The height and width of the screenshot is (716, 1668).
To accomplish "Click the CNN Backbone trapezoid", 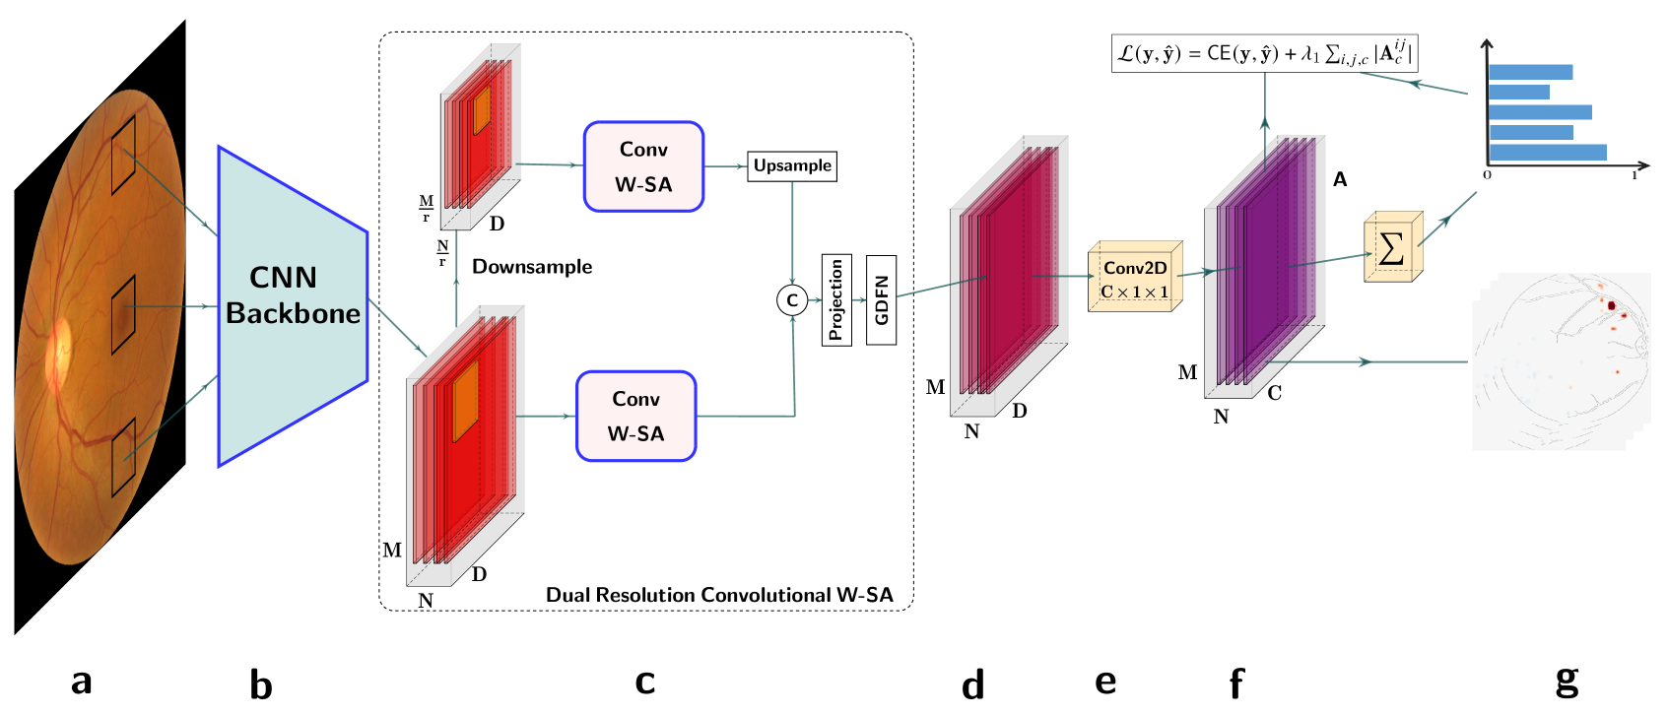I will pyautogui.click(x=292, y=305).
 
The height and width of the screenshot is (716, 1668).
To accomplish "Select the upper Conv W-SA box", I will pyautogui.click(x=643, y=166).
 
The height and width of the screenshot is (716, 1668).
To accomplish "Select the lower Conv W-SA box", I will pyautogui.click(x=635, y=416).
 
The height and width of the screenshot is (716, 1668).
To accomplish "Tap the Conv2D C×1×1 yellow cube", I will pyautogui.click(x=1134, y=280).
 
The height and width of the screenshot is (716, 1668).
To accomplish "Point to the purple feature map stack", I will pyautogui.click(x=1267, y=261).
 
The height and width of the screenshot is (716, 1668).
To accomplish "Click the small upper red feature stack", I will pyautogui.click(x=478, y=136).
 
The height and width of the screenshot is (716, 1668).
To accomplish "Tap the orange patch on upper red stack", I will pyautogui.click(x=482, y=110).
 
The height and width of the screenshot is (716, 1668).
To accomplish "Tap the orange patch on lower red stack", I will pyautogui.click(x=465, y=401).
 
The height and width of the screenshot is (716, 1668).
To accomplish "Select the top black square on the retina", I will pyautogui.click(x=123, y=155).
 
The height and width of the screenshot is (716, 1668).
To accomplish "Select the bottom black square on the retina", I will pyautogui.click(x=123, y=458).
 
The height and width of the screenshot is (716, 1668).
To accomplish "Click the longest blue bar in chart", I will pyautogui.click(x=1547, y=152).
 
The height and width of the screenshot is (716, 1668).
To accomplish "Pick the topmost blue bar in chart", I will pyautogui.click(x=1530, y=72).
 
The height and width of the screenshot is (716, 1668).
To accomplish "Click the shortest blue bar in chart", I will pyautogui.click(x=1518, y=92).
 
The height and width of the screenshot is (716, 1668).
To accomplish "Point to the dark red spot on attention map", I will pyautogui.click(x=1612, y=305).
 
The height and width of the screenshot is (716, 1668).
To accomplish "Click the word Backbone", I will pyautogui.click(x=293, y=313).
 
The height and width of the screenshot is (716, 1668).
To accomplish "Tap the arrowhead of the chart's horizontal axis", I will pyautogui.click(x=1643, y=165).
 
